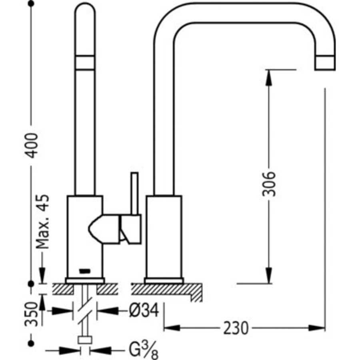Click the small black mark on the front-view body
(85, 270)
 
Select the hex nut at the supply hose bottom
(85, 340)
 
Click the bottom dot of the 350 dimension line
(31, 343)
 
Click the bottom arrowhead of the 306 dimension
(268, 276)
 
